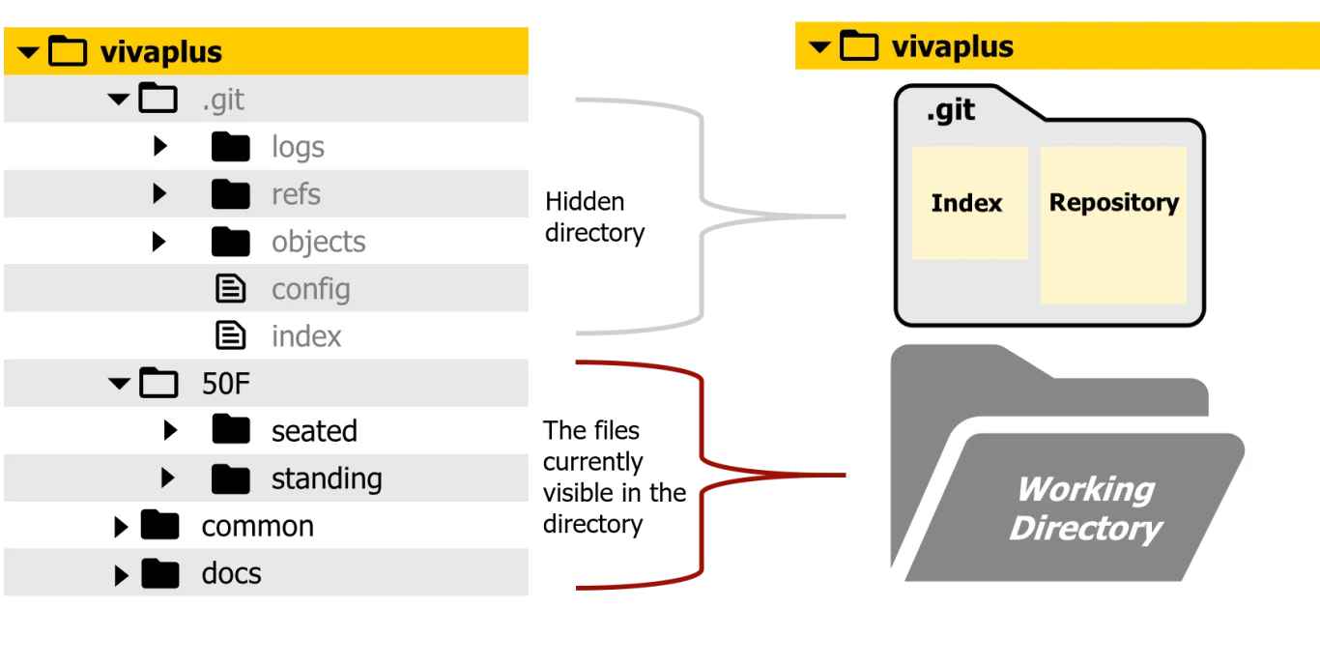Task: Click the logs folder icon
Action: tap(230, 147)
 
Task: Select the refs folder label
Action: tap(296, 194)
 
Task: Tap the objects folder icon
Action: tap(230, 242)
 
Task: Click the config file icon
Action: tap(230, 289)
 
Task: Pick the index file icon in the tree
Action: tap(230, 336)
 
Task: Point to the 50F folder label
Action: tap(225, 384)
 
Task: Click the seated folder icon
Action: tap(230, 430)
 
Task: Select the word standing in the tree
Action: tap(327, 478)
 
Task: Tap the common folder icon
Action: tap(159, 526)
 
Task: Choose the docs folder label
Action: tap(231, 573)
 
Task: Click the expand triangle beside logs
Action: tap(160, 147)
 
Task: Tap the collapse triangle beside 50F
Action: tap(119, 384)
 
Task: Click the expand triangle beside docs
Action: tap(121, 574)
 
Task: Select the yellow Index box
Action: tap(968, 203)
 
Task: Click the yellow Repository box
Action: tap(1113, 224)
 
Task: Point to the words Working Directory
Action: tap(1085, 508)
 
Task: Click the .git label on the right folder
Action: tap(951, 110)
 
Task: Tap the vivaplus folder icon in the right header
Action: tap(858, 46)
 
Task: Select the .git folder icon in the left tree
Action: tap(158, 99)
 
